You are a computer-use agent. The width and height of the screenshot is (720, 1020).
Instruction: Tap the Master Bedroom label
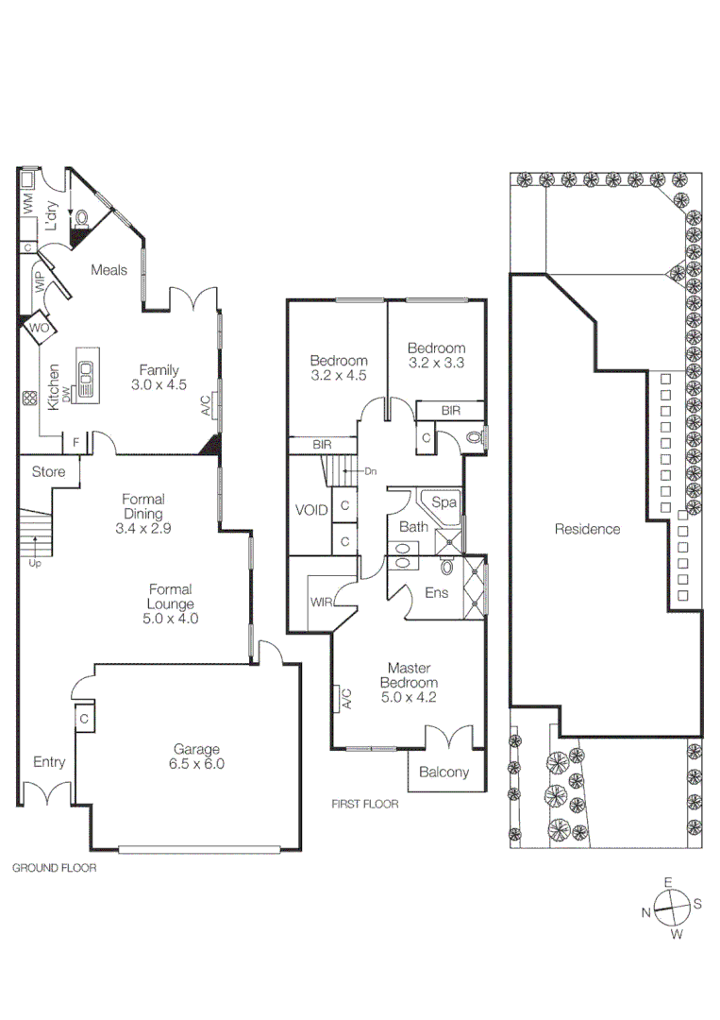(409, 683)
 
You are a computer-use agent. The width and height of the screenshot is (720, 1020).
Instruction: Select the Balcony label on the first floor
(444, 772)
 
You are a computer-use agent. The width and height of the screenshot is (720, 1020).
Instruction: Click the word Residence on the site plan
(587, 529)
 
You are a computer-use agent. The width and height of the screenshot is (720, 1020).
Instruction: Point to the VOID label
(311, 510)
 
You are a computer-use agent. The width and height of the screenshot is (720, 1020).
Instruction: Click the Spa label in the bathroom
(444, 502)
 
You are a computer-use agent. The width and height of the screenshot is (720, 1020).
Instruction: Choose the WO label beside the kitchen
(39, 328)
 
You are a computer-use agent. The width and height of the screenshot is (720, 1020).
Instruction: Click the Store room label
(48, 470)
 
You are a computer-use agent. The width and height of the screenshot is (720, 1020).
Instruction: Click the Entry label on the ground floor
(49, 762)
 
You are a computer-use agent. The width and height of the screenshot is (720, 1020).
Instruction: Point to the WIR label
(319, 602)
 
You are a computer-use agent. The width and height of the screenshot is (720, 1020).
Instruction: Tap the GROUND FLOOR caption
(54, 866)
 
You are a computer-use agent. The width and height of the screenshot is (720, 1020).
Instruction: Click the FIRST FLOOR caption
(364, 805)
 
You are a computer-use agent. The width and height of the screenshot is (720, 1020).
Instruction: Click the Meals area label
(109, 270)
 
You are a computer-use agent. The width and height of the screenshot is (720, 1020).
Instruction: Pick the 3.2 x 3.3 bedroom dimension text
(437, 362)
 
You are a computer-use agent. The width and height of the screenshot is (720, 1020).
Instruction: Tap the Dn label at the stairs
(370, 470)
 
